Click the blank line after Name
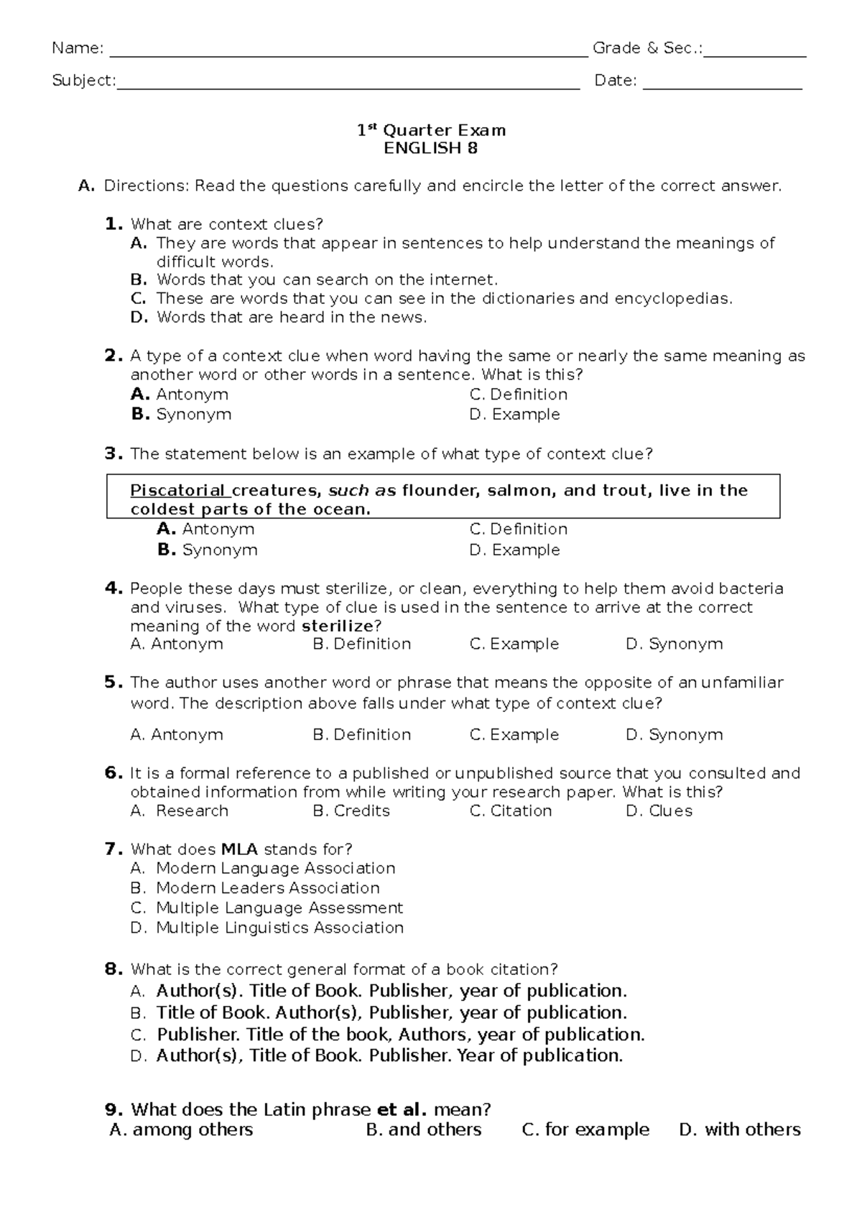click(345, 50)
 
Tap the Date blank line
click(722, 82)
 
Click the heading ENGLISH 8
click(430, 149)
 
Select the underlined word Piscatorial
click(177, 491)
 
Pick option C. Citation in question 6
click(511, 811)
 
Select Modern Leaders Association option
click(267, 888)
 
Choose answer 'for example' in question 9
click(585, 1130)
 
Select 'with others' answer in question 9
click(740, 1130)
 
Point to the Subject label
click(83, 81)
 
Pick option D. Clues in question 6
click(659, 811)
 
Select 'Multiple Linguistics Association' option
click(279, 928)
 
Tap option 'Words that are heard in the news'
click(291, 318)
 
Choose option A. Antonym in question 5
click(177, 735)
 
